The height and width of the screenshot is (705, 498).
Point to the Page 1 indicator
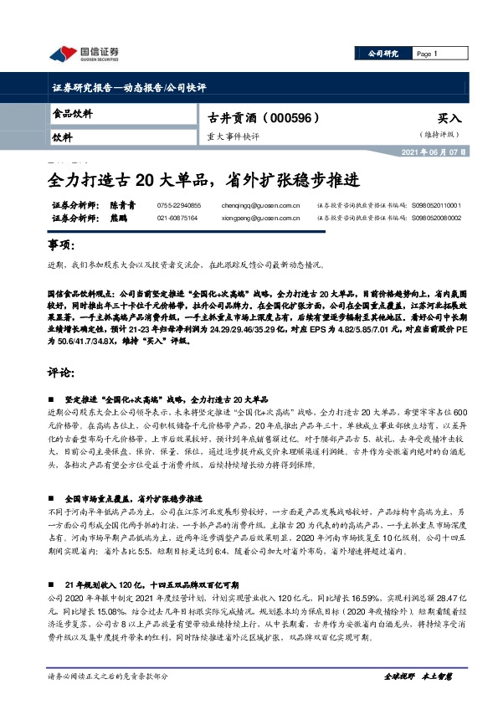point(427,54)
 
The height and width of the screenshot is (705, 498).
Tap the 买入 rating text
point(449,119)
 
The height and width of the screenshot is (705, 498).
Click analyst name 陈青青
point(123,204)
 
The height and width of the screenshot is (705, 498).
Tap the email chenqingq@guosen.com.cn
point(260,204)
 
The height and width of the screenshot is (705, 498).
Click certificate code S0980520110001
point(436,204)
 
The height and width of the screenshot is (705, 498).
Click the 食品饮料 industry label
point(73,113)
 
